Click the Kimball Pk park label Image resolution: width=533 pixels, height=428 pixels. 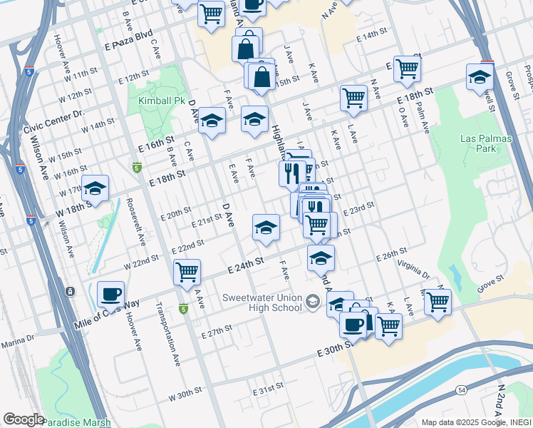[x=162, y=101]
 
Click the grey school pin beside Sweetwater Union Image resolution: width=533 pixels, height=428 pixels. [x=311, y=303]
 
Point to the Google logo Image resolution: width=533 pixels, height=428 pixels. [x=24, y=419]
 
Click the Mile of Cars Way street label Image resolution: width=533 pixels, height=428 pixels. [x=107, y=314]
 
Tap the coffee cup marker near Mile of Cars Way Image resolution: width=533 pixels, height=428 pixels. [x=110, y=294]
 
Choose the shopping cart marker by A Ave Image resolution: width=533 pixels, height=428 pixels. [x=187, y=272]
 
